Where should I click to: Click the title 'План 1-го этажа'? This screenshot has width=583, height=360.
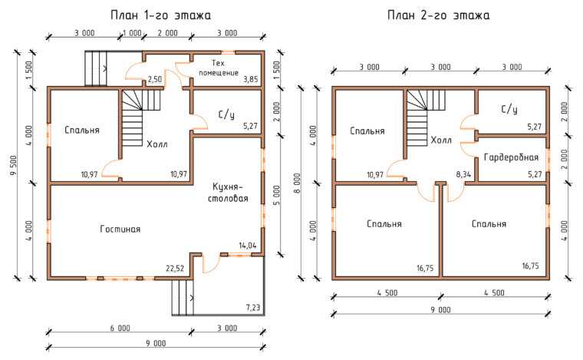tap(160, 15)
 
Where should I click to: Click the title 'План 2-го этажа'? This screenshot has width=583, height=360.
tap(438, 15)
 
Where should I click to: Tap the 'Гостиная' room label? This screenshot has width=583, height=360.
tap(120, 229)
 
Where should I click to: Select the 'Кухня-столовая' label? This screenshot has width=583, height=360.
tap(228, 192)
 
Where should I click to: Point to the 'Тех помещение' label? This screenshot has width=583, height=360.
tap(219, 68)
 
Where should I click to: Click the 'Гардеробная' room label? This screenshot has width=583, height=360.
tap(511, 157)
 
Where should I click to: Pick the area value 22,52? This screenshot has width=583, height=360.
tap(175, 269)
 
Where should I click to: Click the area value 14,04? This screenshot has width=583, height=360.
tap(248, 246)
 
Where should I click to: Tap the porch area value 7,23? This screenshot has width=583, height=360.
tap(253, 308)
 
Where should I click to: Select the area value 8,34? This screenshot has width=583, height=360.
tap(463, 174)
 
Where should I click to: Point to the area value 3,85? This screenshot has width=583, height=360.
tap(251, 79)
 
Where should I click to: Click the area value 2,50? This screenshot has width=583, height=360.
tap(155, 79)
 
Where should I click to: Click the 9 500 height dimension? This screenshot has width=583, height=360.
tap(13, 165)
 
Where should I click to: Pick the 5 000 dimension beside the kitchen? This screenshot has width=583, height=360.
tap(278, 195)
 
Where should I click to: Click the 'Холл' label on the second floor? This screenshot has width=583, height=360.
tap(441, 140)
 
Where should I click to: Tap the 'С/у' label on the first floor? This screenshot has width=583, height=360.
tap(226, 115)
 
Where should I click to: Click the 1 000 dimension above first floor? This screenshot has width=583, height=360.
tap(132, 33)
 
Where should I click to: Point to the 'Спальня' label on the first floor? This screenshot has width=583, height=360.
tap(82, 130)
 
